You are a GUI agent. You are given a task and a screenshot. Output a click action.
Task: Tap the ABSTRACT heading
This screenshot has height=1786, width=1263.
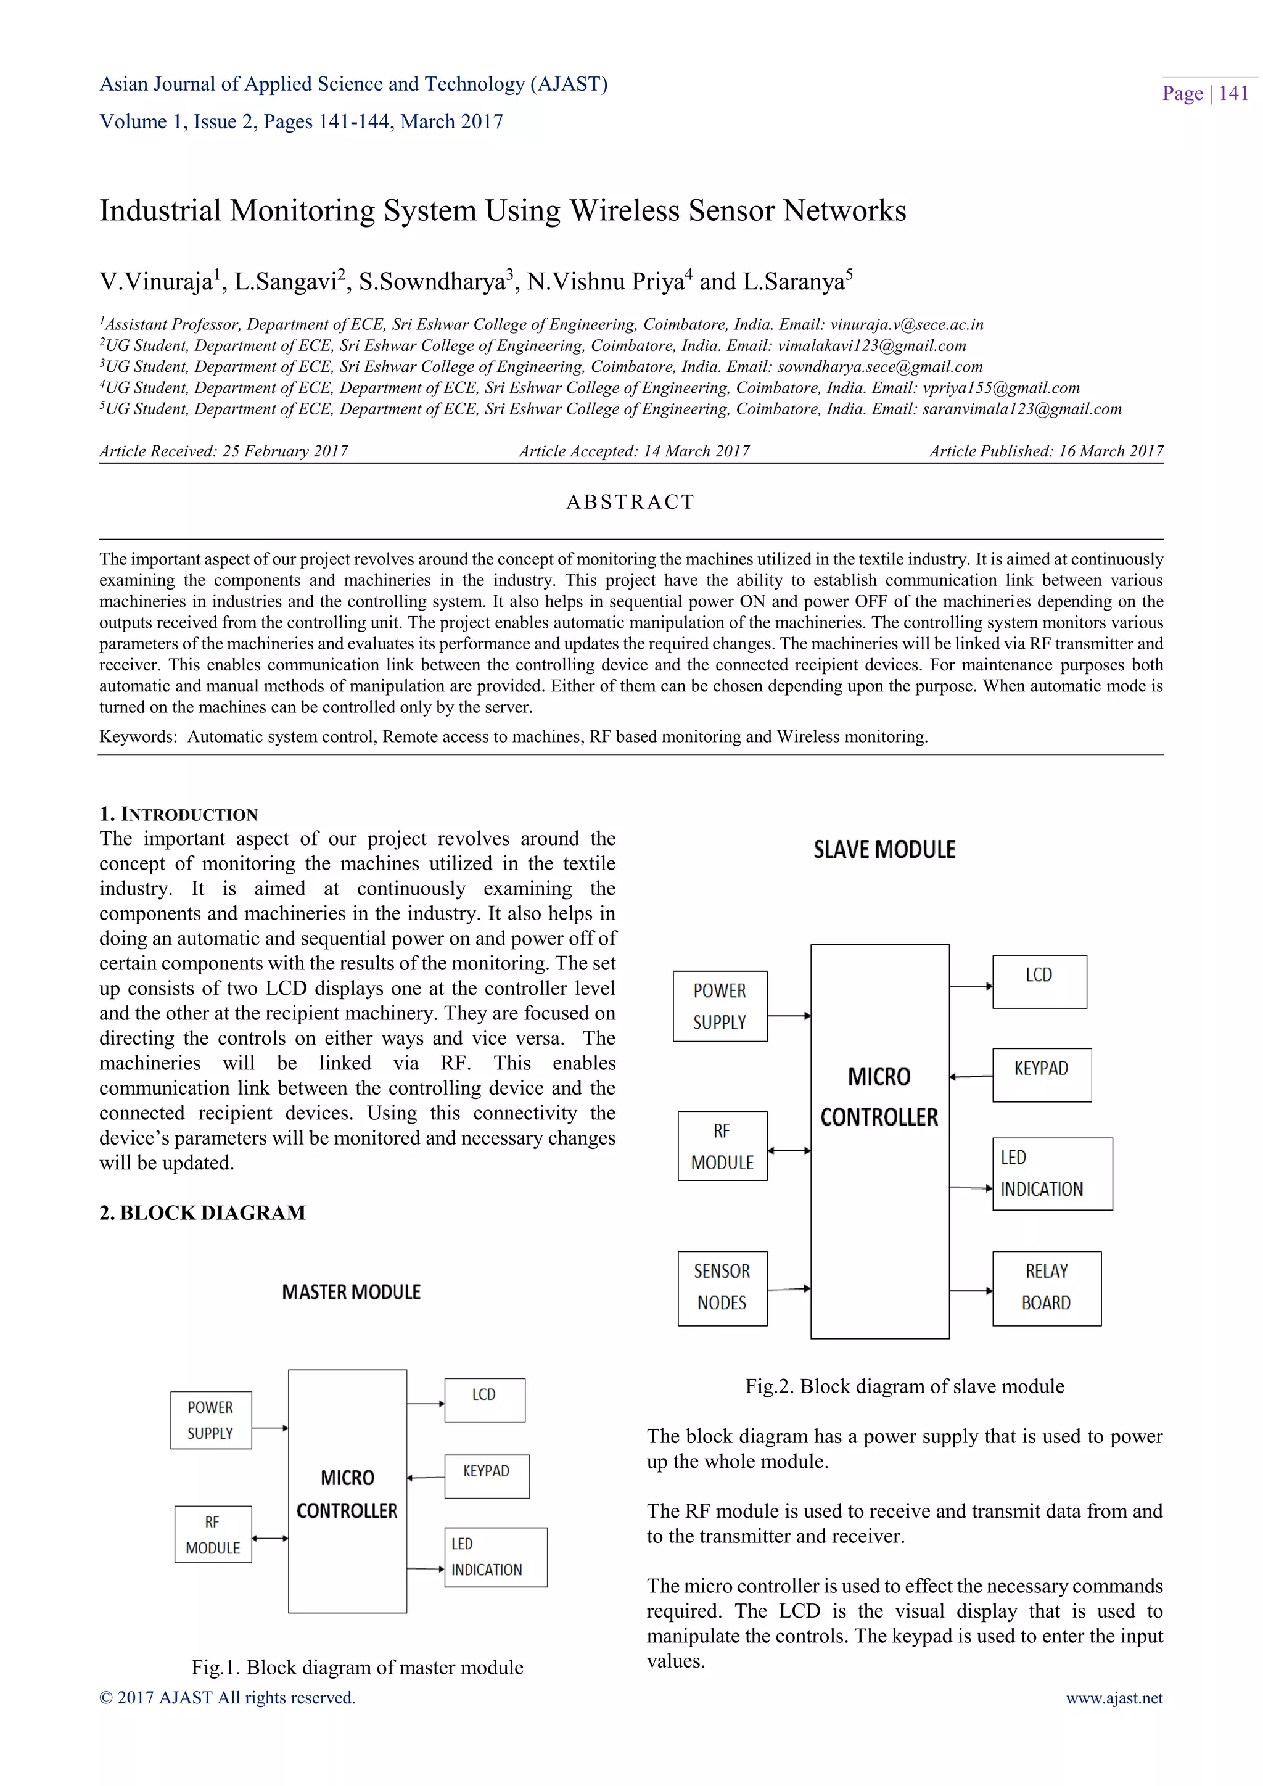[630, 502]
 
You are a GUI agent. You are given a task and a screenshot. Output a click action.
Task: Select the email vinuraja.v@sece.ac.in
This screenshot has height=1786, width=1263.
[906, 324]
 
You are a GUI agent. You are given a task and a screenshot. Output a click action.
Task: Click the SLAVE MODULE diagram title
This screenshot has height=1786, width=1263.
[884, 849]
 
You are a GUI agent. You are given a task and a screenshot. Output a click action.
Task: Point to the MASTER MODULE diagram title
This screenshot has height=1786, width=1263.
[351, 1292]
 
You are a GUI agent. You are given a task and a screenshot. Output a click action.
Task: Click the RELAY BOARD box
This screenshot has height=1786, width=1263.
[1046, 1287]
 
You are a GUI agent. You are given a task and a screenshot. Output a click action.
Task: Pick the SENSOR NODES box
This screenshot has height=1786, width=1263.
[722, 1287]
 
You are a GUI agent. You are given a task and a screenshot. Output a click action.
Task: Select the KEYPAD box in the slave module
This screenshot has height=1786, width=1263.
[1042, 1074]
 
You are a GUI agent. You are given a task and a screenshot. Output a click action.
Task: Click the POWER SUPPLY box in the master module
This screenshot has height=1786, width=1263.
[211, 1420]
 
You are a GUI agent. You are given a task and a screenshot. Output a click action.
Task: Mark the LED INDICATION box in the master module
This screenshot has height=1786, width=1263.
[495, 1557]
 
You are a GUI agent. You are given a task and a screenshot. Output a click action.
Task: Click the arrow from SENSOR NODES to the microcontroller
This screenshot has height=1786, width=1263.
[789, 1289]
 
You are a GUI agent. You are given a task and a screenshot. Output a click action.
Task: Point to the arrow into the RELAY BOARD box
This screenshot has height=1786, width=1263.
[971, 1291]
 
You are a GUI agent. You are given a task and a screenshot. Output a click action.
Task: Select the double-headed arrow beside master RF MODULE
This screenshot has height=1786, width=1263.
[270, 1538]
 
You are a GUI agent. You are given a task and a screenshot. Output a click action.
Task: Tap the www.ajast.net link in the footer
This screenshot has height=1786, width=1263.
[1114, 1697]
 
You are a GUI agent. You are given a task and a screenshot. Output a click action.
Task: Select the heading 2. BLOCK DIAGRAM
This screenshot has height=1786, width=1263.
[202, 1212]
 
